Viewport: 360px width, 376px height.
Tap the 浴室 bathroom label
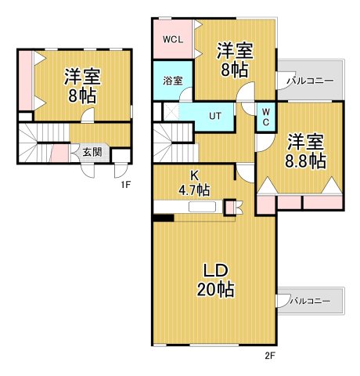(172, 81)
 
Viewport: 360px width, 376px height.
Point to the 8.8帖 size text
(306, 161)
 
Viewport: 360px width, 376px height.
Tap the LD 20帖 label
(215, 280)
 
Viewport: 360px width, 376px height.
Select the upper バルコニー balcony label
(310, 81)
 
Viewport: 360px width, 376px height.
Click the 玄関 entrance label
(91, 152)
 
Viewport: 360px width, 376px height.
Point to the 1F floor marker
(124, 185)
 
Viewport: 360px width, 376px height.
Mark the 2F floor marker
(271, 356)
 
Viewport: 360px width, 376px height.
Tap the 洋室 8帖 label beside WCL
(233, 60)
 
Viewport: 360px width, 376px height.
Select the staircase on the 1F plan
(35, 143)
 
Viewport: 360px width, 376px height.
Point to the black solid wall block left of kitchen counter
(163, 218)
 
